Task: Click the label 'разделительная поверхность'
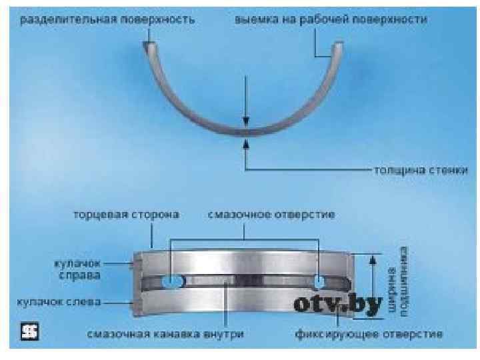107,20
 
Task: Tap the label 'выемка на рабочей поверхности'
331,20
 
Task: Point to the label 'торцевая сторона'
127,216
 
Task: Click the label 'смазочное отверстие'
271,216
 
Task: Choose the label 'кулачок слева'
55,302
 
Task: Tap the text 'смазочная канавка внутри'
165,332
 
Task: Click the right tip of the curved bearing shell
339,45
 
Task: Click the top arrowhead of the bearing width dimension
372,257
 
